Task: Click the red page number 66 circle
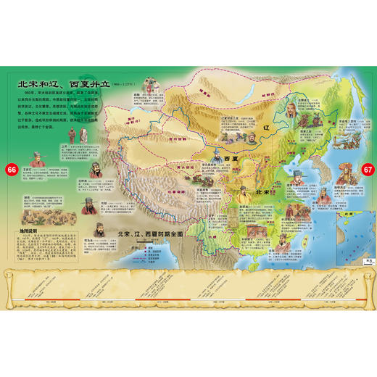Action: (x=10, y=169)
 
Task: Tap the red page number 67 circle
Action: (x=367, y=169)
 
